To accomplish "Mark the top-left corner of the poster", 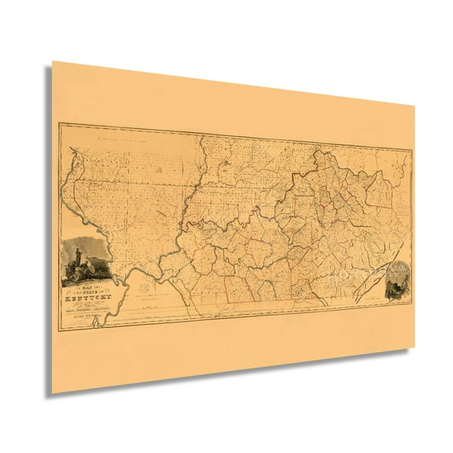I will tap(53, 62).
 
